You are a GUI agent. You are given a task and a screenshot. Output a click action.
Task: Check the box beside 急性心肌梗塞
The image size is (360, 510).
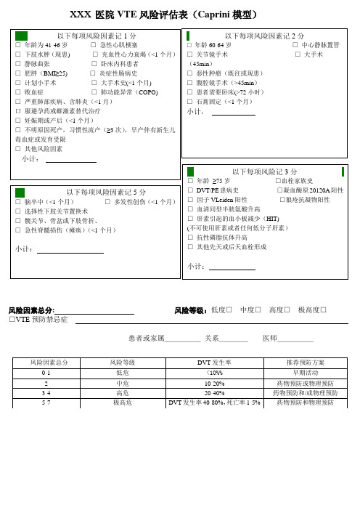tap(95, 44)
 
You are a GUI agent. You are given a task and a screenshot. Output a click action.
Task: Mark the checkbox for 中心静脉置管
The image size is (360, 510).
tap(287, 44)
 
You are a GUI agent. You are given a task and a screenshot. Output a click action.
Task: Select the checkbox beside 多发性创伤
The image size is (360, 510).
tap(107, 201)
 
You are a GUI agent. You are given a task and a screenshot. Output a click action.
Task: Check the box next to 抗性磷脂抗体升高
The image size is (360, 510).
tap(189, 237)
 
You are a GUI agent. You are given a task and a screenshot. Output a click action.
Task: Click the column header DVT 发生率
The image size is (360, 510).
tap(214, 362)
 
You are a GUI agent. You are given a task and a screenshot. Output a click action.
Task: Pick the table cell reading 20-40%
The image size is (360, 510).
tap(214, 392)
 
